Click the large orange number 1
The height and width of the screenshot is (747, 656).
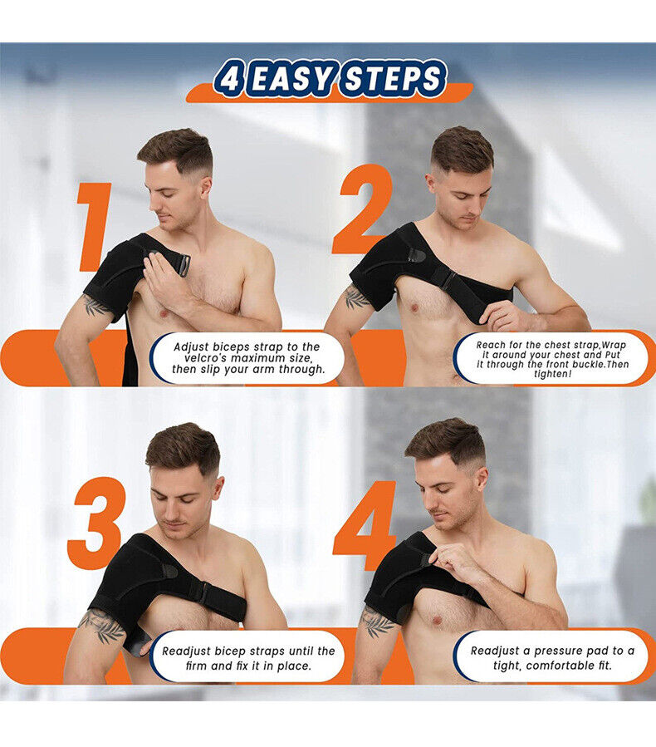click(94, 227)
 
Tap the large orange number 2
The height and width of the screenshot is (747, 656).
click(362, 209)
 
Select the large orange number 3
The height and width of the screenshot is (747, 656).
click(96, 523)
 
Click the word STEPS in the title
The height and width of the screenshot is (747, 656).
click(393, 81)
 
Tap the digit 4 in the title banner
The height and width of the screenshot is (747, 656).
click(229, 81)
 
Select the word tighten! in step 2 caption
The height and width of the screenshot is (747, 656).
click(551, 374)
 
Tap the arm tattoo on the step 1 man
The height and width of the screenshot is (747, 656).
click(95, 306)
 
